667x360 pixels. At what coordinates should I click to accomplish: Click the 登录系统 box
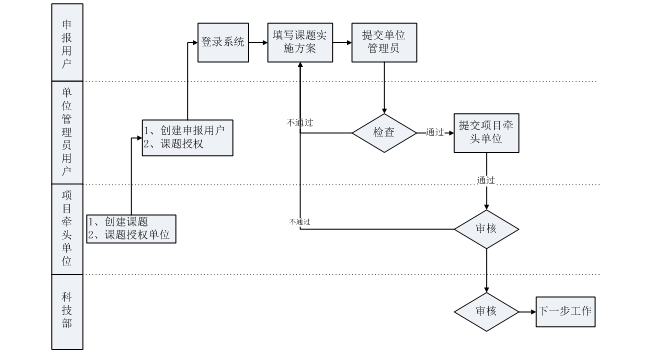pyautogui.click(x=222, y=42)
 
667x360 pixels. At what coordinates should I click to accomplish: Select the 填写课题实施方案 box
pyautogui.click(x=301, y=43)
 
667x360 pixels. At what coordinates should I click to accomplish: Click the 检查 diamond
pyautogui.click(x=385, y=132)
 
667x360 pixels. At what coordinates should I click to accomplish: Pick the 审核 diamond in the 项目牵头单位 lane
pyautogui.click(x=486, y=229)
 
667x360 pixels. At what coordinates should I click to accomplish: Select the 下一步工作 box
pyautogui.click(x=565, y=312)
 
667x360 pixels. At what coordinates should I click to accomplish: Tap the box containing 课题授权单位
pyautogui.click(x=131, y=228)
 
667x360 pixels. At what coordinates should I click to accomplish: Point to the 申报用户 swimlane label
pyautogui.click(x=66, y=42)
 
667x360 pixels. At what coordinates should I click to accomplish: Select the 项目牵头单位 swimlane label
pyautogui.click(x=66, y=228)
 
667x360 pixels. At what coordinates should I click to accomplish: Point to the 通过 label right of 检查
pyautogui.click(x=434, y=132)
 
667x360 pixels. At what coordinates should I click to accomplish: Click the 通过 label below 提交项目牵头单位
pyautogui.click(x=486, y=181)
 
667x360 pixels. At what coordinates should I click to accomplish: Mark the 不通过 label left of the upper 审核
pyautogui.click(x=299, y=221)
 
